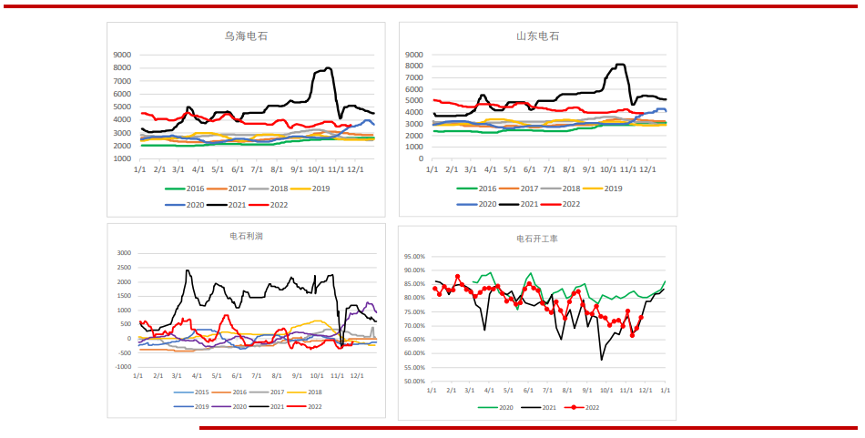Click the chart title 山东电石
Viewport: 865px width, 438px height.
click(537, 36)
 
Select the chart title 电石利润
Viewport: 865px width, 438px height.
click(246, 236)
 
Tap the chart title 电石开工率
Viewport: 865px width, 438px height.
click(537, 239)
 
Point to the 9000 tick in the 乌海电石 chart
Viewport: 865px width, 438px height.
click(122, 55)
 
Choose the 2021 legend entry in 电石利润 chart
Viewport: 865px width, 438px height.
click(276, 406)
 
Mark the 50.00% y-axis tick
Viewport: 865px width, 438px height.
click(413, 382)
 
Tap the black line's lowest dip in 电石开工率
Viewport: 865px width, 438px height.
click(601, 359)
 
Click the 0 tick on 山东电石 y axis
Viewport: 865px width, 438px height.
click(420, 158)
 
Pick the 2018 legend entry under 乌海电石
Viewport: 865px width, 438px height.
click(280, 188)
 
